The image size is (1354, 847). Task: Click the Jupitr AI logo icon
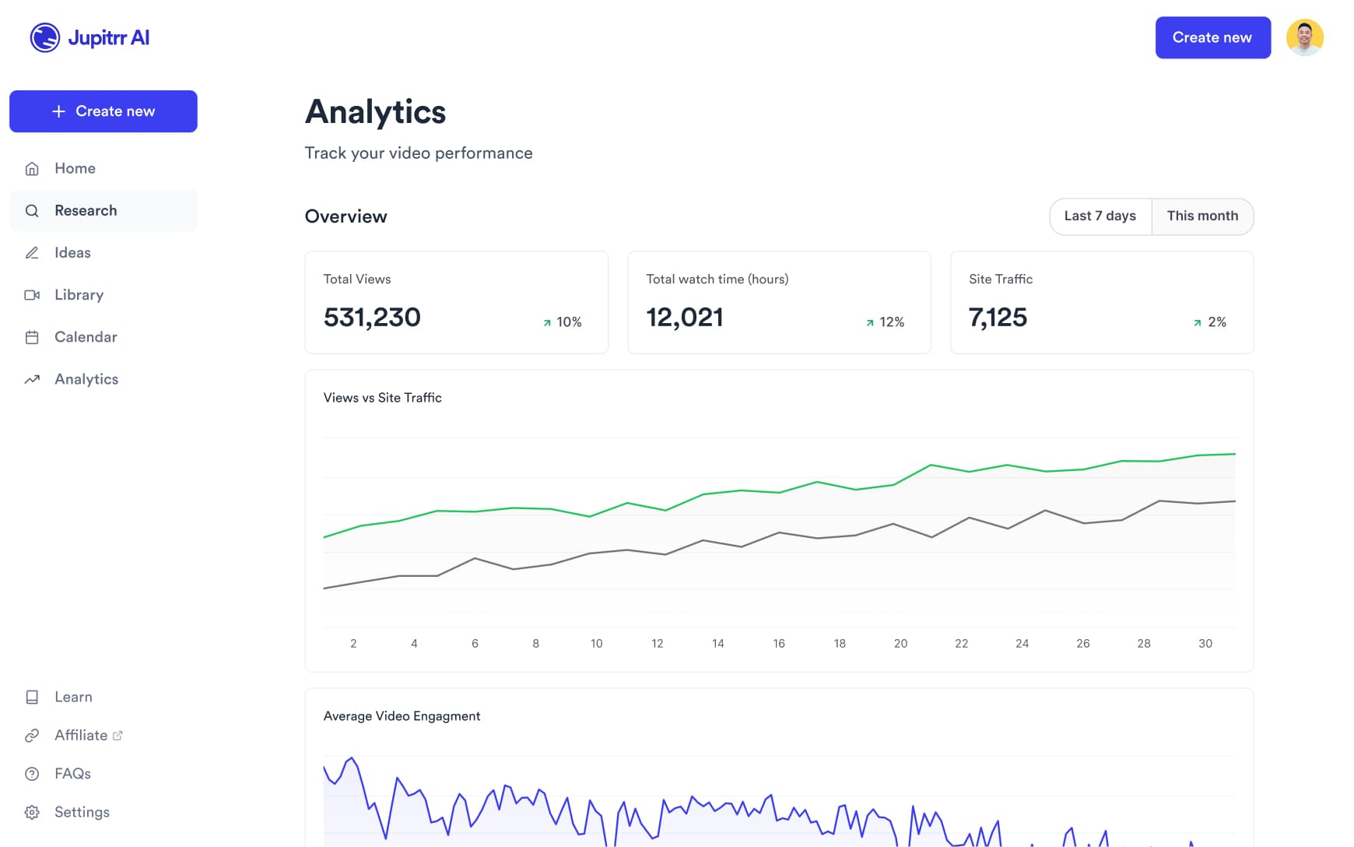pos(45,37)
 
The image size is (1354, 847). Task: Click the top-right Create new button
pos(1212,37)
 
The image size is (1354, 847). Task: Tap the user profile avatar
pos(1305,37)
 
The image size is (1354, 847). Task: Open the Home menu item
pos(75,168)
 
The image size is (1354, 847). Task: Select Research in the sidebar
pos(86,210)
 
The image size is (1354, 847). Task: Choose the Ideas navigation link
pos(72,252)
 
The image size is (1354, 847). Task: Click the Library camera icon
pos(32,295)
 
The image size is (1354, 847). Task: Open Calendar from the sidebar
pos(86,337)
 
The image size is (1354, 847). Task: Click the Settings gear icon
pos(32,812)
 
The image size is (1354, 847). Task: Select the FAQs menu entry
pos(72,774)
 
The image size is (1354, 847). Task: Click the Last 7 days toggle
pos(1100,216)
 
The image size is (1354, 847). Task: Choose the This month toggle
pos(1202,216)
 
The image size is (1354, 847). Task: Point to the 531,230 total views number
pos(372,318)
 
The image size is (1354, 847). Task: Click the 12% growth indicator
pos(886,322)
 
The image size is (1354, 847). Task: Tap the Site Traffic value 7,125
pos(998,318)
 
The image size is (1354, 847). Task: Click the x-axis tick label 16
pos(778,643)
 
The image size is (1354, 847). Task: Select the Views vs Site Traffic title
pos(382,398)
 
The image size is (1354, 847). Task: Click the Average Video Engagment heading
pos(402,716)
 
